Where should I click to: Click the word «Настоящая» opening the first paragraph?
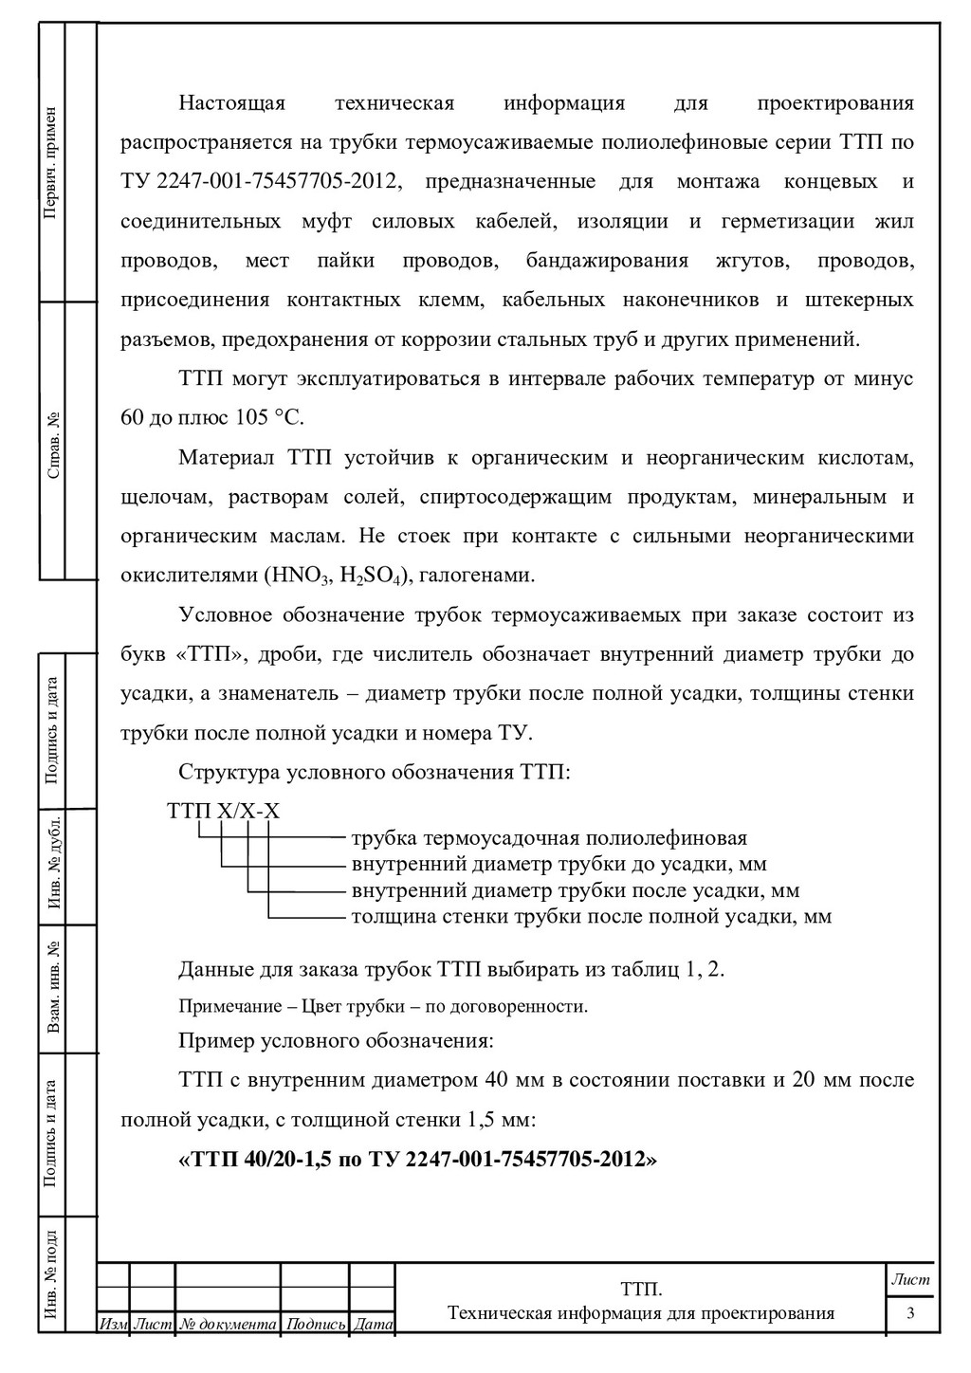232,102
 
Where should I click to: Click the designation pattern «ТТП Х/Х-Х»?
223,811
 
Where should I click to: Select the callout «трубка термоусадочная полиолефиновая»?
549,838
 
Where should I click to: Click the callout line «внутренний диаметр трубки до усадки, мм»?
559,864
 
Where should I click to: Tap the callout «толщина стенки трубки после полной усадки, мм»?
591,916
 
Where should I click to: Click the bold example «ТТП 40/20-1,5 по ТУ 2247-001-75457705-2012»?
417,1159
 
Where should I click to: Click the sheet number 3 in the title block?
910,1313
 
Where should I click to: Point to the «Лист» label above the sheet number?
910,1279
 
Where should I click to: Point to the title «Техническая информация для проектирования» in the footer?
641,1313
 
